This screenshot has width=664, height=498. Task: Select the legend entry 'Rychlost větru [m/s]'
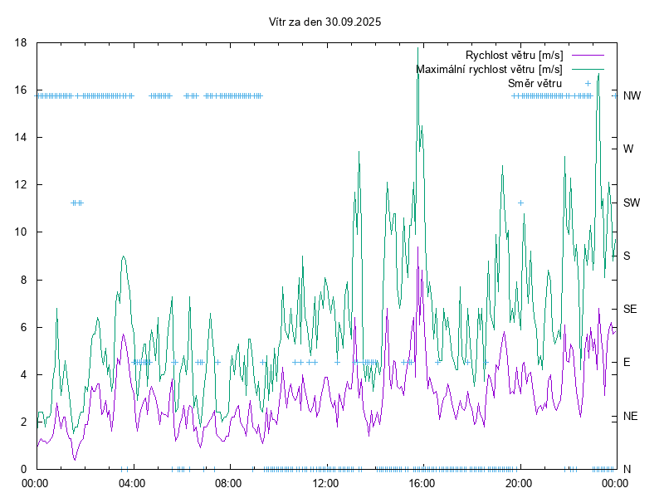tap(514, 55)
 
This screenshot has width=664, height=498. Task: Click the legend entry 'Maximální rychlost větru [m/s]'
tap(489, 69)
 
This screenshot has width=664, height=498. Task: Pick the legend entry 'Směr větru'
tap(535, 83)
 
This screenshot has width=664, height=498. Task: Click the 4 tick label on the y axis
tap(25, 374)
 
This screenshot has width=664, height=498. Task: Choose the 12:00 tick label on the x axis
tap(325, 482)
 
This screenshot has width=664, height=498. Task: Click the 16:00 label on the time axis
tap(422, 482)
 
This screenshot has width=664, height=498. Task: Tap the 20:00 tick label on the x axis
tap(519, 482)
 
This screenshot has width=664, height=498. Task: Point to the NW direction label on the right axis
tap(632, 95)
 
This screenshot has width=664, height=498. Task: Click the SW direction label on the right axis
tap(632, 203)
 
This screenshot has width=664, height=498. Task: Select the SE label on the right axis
tap(630, 309)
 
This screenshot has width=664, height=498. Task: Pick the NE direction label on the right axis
tap(630, 416)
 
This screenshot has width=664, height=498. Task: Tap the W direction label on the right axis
tap(628, 149)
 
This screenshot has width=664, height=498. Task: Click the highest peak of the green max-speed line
tap(418, 48)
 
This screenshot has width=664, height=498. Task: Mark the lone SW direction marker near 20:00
tap(520, 203)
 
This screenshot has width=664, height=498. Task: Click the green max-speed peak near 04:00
tap(123, 256)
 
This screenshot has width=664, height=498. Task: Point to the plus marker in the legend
tap(588, 83)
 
